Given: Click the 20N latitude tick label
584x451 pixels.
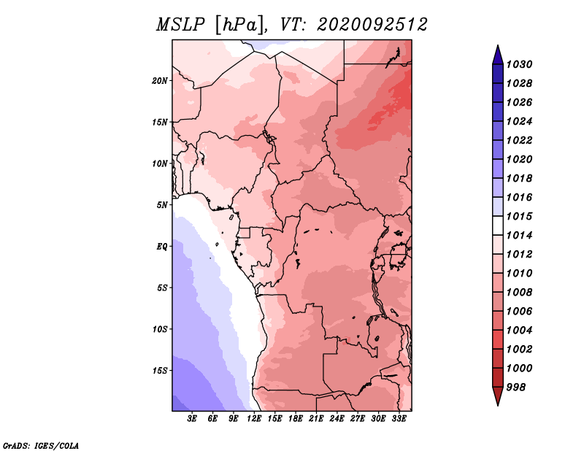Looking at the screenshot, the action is [x=160, y=80].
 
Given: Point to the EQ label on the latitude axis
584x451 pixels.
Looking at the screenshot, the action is [x=161, y=246].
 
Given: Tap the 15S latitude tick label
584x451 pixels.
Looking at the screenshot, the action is [x=160, y=371].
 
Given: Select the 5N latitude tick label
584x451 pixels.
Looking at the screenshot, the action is [x=162, y=205].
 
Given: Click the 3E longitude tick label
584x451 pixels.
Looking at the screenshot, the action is [x=192, y=419].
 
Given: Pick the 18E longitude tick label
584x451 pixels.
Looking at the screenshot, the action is [x=296, y=419].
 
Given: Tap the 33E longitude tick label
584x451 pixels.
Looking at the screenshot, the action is [x=399, y=419].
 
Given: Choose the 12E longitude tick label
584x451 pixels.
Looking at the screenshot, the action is [x=254, y=419].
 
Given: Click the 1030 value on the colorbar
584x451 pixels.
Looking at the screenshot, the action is [x=520, y=64].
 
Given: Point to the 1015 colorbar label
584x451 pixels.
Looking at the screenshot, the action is [x=520, y=216].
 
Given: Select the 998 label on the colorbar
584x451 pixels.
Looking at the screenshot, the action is [x=516, y=388].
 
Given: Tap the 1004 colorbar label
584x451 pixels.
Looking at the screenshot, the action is [x=520, y=331].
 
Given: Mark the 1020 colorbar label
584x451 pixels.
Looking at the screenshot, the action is [x=520, y=159].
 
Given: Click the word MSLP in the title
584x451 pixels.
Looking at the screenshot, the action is [x=180, y=25].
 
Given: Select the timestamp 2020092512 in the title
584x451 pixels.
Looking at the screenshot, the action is [x=372, y=25].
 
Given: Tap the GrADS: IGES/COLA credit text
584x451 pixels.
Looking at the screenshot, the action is [x=41, y=446].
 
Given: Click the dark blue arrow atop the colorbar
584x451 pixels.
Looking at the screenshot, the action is [x=498, y=55].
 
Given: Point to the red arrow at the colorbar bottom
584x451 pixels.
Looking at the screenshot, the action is [x=498, y=396].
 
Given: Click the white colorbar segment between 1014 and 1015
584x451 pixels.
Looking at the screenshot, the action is [x=498, y=225].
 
